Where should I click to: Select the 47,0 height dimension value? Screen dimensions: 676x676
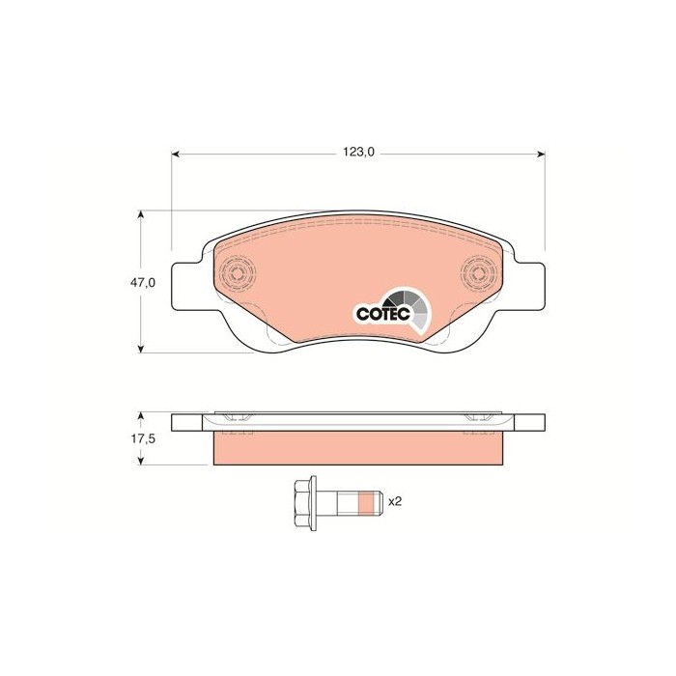pos(143,283)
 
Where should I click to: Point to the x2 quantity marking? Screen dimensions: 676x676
pos(394,502)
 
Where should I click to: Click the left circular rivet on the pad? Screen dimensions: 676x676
pos(236,273)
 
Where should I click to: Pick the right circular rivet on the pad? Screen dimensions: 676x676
pos(477,273)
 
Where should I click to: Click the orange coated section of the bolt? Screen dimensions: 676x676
pos(365,502)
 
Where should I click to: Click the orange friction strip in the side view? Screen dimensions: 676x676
pos(357,447)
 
